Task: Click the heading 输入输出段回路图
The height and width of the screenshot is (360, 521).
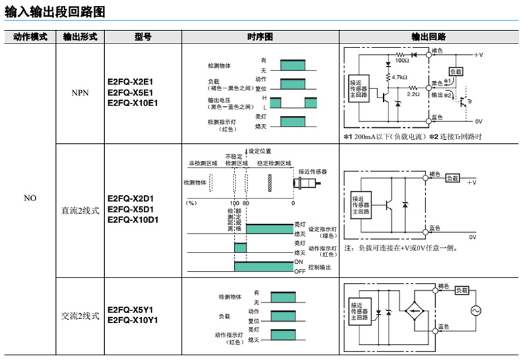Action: (x=55, y=12)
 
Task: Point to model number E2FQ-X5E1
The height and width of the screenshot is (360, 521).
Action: (x=129, y=92)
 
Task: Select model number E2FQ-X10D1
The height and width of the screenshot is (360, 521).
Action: (x=133, y=220)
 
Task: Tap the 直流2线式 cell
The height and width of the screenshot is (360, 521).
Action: (x=80, y=210)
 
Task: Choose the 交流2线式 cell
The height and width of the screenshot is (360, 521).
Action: (x=80, y=315)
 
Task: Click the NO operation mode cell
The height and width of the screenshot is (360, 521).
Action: (x=30, y=198)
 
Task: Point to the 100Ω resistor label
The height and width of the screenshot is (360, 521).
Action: (x=402, y=61)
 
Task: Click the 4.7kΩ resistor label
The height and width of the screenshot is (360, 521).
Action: (x=399, y=78)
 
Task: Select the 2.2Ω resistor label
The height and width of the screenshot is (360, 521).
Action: (x=413, y=94)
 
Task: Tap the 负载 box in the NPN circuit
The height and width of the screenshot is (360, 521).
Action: (x=456, y=71)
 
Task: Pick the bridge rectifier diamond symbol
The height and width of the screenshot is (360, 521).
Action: (x=415, y=310)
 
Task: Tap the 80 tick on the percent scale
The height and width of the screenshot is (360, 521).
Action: (x=246, y=203)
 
